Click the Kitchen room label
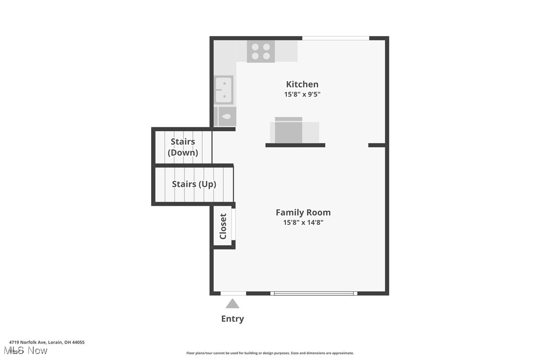(x=302, y=84)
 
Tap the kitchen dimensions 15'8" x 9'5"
(x=302, y=94)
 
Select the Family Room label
(x=303, y=212)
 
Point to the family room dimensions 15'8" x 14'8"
(x=303, y=223)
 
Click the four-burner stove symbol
(x=261, y=51)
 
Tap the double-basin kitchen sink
(x=224, y=90)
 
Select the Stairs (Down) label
(x=183, y=147)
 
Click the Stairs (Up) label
(x=194, y=184)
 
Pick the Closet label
(x=223, y=226)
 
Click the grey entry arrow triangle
(x=232, y=303)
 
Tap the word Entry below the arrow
(x=232, y=319)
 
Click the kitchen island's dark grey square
(x=288, y=132)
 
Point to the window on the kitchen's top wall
(x=336, y=38)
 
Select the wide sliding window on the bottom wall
(x=314, y=293)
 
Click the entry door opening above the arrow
(x=233, y=293)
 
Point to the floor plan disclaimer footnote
(x=270, y=353)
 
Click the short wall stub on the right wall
(x=376, y=145)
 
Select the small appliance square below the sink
(x=227, y=116)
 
